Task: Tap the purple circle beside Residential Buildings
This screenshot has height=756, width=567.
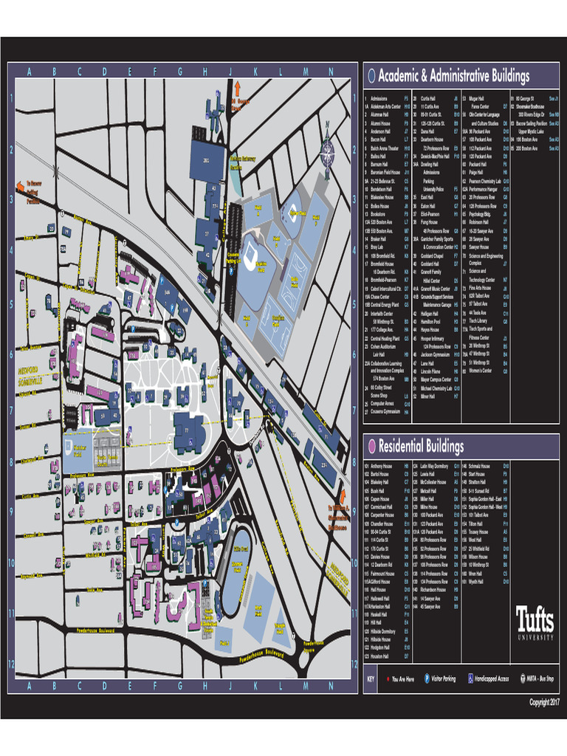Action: tap(371, 446)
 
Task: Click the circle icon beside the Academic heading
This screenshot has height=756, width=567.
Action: tap(371, 76)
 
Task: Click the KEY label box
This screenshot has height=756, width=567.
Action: tap(371, 678)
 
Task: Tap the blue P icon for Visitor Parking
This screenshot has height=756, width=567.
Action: tap(427, 678)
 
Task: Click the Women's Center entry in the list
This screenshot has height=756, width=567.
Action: tap(481, 371)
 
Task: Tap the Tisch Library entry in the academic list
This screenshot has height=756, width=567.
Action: tap(479, 300)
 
